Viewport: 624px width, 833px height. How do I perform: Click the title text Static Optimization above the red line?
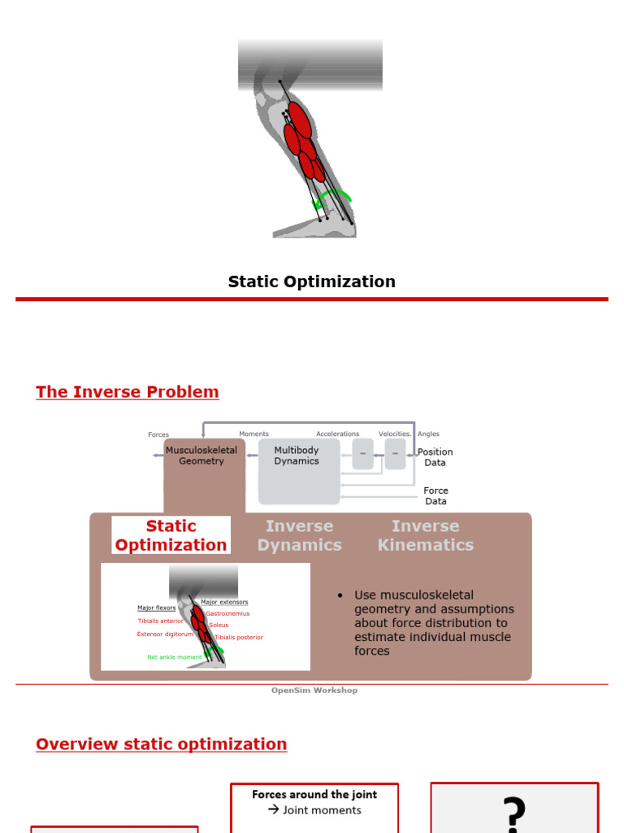(311, 281)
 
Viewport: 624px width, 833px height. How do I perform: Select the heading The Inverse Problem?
(128, 392)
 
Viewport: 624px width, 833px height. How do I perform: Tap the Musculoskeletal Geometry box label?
(201, 456)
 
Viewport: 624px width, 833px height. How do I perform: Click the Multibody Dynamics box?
(297, 456)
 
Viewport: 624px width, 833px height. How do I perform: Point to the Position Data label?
(435, 457)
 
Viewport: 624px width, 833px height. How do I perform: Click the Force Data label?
(435, 496)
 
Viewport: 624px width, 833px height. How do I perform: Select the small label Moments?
(253, 434)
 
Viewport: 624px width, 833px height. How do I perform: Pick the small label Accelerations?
(337, 434)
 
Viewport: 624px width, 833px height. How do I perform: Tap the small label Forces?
(158, 435)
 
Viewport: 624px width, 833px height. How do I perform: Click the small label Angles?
(428, 434)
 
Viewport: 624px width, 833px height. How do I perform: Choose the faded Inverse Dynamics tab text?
(300, 535)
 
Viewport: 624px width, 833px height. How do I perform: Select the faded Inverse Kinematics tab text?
(425, 535)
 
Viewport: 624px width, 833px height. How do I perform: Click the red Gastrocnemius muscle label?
(227, 613)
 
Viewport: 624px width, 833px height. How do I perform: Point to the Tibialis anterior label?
(160, 621)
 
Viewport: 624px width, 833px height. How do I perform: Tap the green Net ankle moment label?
(174, 656)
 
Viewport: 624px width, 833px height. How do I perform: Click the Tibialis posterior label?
(239, 637)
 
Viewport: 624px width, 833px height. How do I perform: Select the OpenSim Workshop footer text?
(314, 691)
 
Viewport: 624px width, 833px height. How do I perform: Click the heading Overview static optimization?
(162, 744)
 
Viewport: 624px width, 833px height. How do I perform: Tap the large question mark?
(513, 811)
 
